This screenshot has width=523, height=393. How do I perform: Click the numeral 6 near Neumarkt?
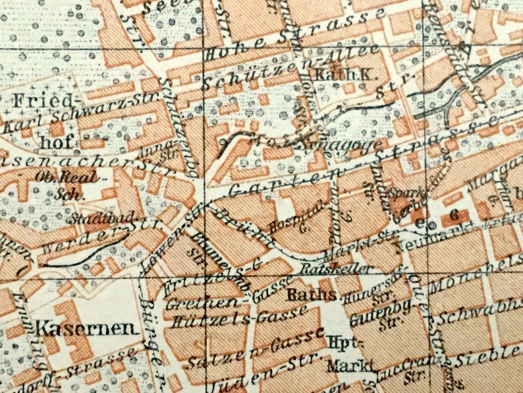point(453,215)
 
